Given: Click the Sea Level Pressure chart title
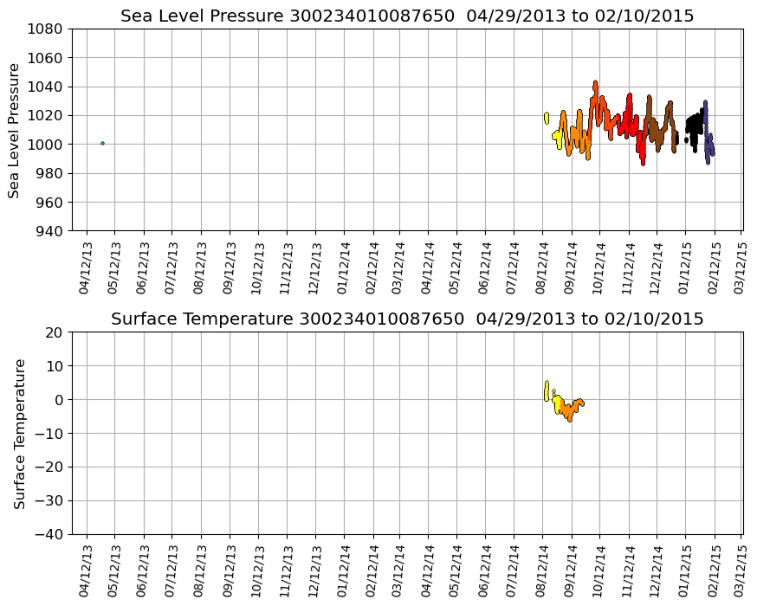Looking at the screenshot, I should coord(407,16).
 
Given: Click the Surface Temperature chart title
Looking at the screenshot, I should coord(407,319).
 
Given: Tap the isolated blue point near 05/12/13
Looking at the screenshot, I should coord(102,143).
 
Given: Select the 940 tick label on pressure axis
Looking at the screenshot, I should coord(49,231).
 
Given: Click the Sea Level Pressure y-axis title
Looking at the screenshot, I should coord(15,130).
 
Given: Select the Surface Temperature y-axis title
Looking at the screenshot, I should coord(19,434).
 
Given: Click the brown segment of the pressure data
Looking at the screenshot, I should coord(660,130).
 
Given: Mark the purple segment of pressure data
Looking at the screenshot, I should coord(708,143).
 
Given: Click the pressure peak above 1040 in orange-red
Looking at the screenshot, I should coord(595,84).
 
